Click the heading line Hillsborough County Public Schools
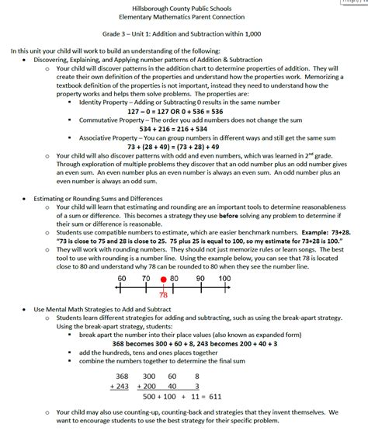[184, 7]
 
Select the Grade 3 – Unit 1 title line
[184, 35]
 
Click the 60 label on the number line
[122, 278]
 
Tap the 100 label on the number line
[224, 278]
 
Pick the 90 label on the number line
[200, 278]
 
